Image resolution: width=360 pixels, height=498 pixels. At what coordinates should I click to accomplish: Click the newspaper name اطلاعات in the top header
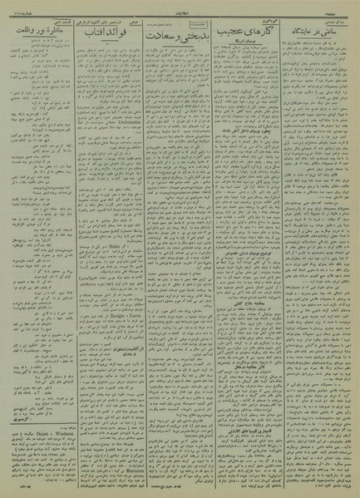pos(180,6)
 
